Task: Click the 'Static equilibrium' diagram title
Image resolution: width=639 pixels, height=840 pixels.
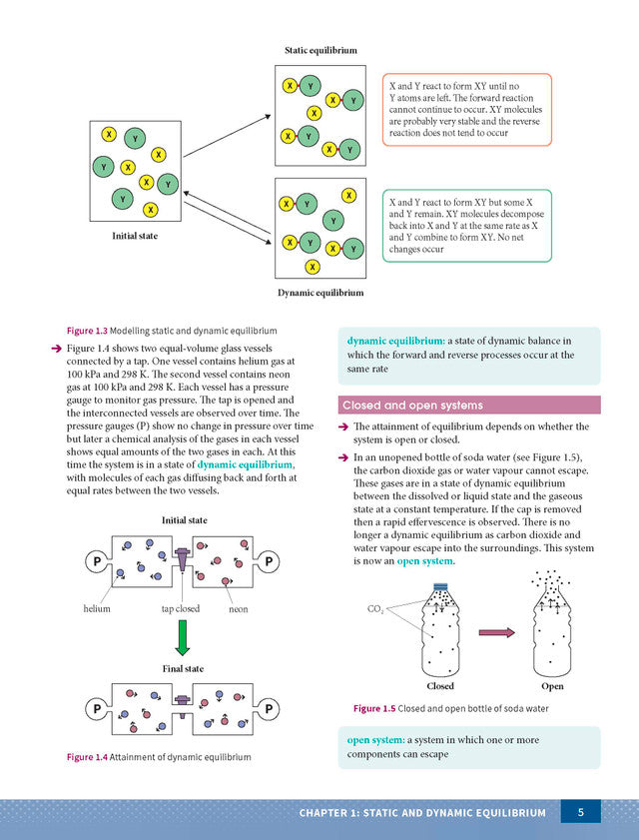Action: (320, 50)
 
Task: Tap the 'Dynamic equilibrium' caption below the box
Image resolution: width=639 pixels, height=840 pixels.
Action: (320, 293)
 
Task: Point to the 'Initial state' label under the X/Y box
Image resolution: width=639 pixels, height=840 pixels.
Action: (135, 236)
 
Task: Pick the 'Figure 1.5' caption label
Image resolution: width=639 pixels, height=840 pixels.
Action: (373, 708)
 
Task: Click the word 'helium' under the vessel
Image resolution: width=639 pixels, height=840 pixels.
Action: (97, 608)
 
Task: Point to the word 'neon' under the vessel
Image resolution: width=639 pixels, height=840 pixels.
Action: (239, 608)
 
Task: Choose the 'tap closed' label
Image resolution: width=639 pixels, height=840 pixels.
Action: (181, 608)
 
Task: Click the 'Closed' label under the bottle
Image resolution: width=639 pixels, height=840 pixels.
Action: (440, 686)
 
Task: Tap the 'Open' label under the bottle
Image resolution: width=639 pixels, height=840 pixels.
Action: (552, 686)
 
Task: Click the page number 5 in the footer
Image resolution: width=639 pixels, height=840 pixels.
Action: (580, 812)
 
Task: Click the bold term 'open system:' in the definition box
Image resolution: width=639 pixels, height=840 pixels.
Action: (373, 740)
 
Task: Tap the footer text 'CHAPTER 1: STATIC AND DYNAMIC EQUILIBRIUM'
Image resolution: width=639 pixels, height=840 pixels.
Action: (422, 813)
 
